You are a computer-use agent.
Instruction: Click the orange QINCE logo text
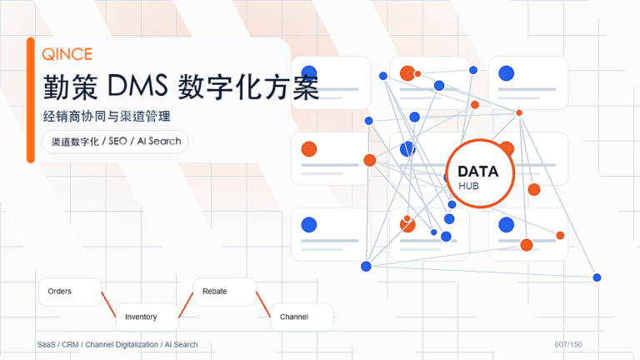click(x=67, y=54)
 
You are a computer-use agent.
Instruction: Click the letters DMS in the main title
click(x=137, y=86)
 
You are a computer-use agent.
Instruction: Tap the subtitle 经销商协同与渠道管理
click(x=107, y=117)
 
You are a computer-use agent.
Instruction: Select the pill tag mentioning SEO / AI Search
click(x=115, y=142)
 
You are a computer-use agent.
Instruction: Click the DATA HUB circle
click(x=480, y=173)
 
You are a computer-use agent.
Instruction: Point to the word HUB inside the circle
click(x=468, y=186)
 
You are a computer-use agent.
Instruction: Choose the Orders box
click(x=70, y=292)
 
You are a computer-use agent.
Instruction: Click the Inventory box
click(x=147, y=317)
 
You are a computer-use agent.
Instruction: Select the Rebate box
click(x=224, y=292)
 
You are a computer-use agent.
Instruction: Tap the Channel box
click(x=302, y=317)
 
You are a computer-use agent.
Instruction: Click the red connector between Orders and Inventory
click(x=108, y=304)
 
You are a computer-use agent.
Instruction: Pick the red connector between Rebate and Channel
click(x=263, y=304)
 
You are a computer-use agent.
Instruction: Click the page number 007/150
click(x=568, y=345)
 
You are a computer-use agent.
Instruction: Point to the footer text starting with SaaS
click(x=117, y=345)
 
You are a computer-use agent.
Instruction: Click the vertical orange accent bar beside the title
click(x=31, y=100)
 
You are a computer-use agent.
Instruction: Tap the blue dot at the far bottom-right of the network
click(x=597, y=277)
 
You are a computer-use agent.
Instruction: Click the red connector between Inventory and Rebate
click(x=186, y=304)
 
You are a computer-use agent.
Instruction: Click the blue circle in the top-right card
click(x=506, y=73)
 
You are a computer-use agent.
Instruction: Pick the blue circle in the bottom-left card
click(x=309, y=225)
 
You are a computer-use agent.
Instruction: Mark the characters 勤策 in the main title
click(x=70, y=87)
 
